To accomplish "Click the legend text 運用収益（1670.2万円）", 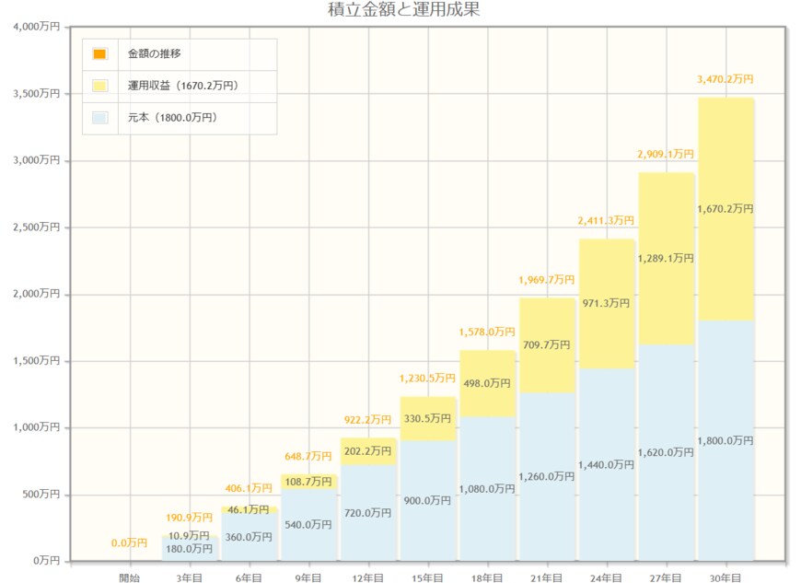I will pyautogui.click(x=182, y=86).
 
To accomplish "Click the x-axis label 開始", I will pyautogui.click(x=130, y=577).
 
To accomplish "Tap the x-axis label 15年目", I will pyautogui.click(x=427, y=577).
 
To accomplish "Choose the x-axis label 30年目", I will pyautogui.click(x=726, y=577).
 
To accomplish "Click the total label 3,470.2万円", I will pyautogui.click(x=726, y=80).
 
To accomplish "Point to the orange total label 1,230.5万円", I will pyautogui.click(x=427, y=379).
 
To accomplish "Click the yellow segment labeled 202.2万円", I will pyautogui.click(x=368, y=451).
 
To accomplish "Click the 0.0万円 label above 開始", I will pyautogui.click(x=130, y=543).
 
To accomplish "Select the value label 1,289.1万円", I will pyautogui.click(x=666, y=259).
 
